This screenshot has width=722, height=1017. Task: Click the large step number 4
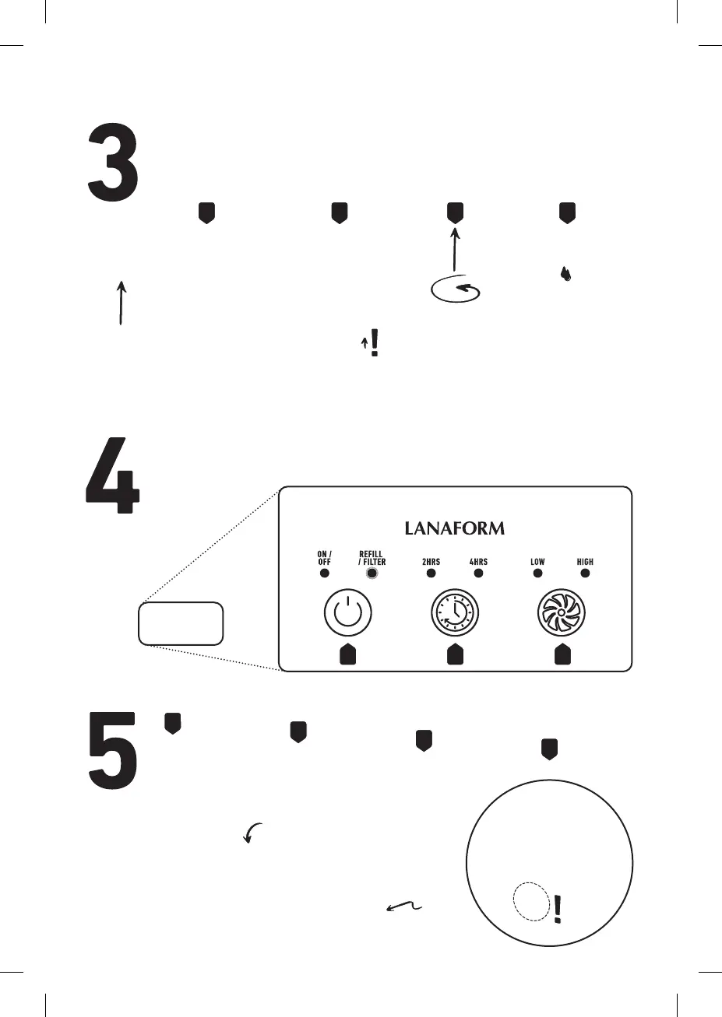pos(112,475)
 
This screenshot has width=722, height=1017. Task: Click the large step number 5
pos(112,749)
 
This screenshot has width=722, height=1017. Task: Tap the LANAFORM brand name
pos(455,528)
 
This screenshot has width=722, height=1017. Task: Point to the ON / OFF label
pos(324,558)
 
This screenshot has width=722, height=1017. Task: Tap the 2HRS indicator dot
pos(431,573)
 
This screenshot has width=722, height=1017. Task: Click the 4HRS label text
pos(478,561)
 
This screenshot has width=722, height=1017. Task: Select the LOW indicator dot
pos(537,573)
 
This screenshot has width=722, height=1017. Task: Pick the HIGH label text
pos(585,561)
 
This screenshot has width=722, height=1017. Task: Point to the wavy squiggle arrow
pos(404,906)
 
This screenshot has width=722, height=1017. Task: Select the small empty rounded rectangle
pos(181,622)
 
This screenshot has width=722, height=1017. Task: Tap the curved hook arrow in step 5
pos(252,832)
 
